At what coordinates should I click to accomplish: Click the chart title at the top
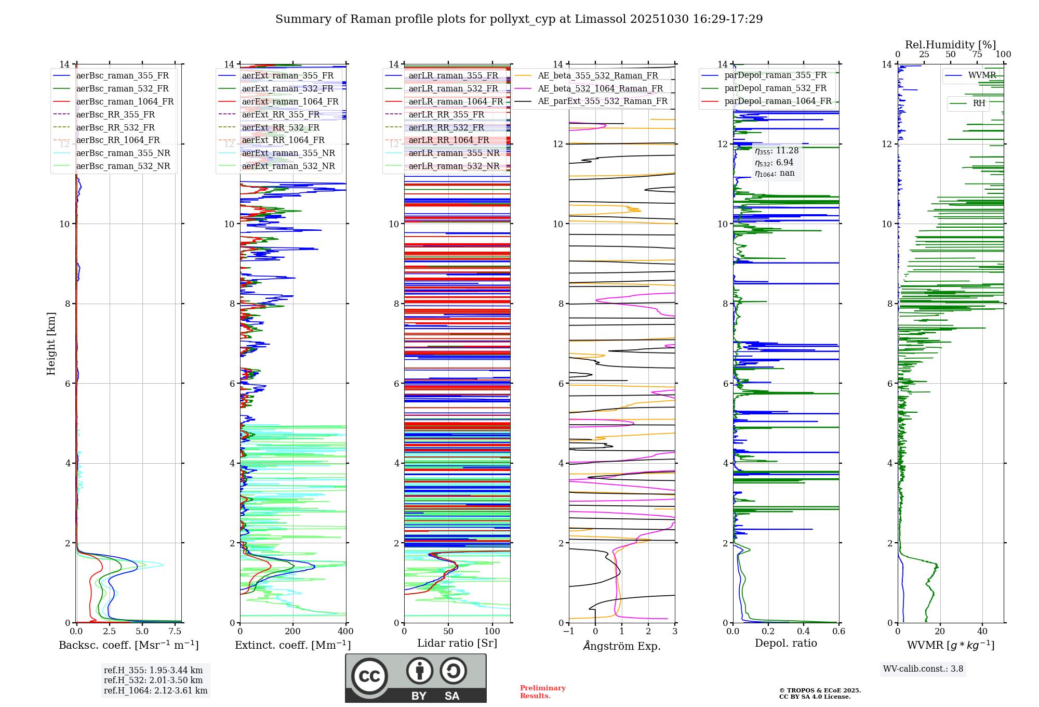(519, 19)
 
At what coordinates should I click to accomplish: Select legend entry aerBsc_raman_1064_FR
(125, 101)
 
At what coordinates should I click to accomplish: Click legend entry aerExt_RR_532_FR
(281, 127)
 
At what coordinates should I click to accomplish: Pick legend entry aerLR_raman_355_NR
(454, 153)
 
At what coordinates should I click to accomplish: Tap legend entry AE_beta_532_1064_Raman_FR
(600, 88)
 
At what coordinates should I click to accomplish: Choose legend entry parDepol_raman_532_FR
(775, 88)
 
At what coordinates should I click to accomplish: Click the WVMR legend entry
(982, 75)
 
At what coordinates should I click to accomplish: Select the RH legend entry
(979, 103)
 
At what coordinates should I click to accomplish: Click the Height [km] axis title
(51, 344)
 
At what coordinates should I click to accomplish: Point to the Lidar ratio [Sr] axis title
(457, 643)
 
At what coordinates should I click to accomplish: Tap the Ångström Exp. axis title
(622, 646)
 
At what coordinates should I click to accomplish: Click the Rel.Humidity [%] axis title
(950, 45)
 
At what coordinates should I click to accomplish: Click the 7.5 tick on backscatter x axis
(175, 632)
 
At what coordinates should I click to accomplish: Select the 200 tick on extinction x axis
(293, 632)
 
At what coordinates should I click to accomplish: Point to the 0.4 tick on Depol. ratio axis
(804, 632)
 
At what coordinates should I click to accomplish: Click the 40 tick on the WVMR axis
(982, 632)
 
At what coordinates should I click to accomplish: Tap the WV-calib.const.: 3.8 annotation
(923, 669)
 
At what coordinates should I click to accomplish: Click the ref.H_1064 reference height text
(155, 691)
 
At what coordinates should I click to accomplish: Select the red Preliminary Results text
(542, 692)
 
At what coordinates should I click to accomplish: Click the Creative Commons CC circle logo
(369, 676)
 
